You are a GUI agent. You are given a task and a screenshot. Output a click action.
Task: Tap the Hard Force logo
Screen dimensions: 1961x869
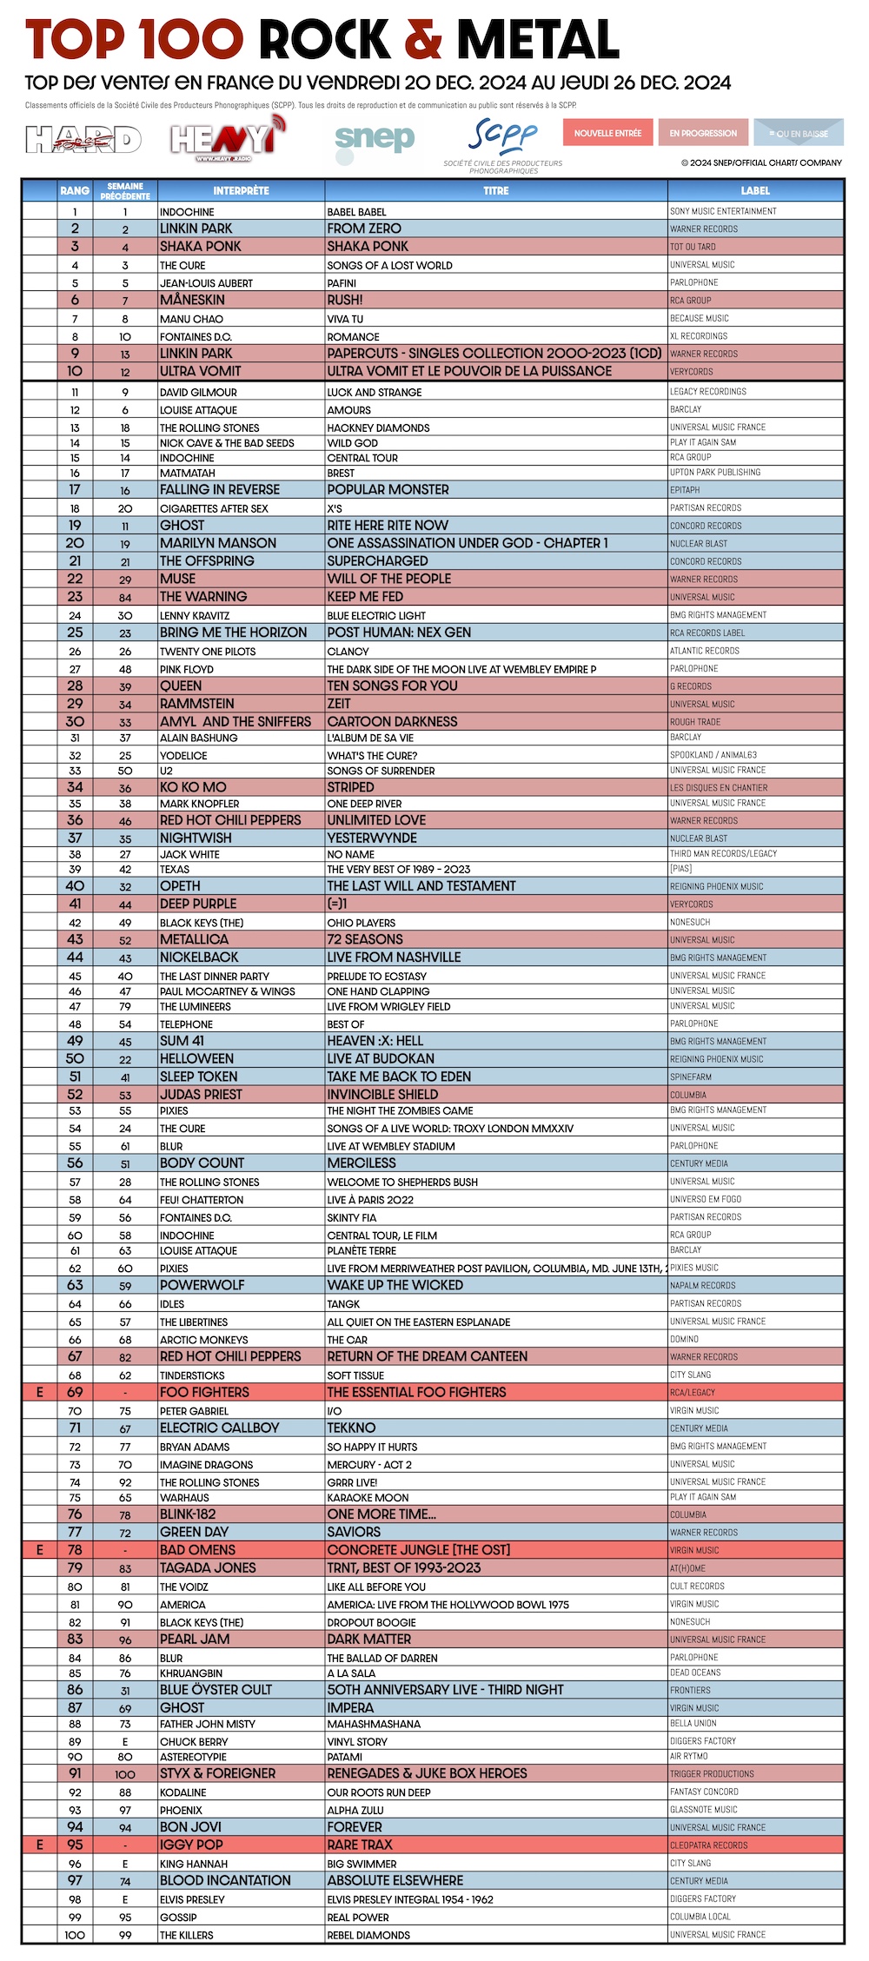coord(83,139)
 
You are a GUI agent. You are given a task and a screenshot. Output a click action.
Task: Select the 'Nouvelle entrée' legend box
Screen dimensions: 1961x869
coord(607,133)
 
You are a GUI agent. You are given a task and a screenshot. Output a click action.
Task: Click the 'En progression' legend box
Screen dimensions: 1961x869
coord(703,133)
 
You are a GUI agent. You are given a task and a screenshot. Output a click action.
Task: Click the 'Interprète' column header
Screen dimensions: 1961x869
coord(241,190)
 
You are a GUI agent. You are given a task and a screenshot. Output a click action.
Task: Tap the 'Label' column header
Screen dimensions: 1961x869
coord(755,190)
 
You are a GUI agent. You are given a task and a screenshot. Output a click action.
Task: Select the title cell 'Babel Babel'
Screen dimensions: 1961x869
coord(357,212)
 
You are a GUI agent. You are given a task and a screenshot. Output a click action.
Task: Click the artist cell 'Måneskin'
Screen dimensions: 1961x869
coord(192,300)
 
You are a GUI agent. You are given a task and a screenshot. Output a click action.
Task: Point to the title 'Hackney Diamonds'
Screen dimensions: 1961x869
coord(378,427)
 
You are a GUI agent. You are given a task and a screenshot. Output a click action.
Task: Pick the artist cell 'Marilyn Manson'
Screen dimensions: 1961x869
coord(218,543)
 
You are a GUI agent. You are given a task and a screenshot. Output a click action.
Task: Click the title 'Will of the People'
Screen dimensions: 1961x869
coord(389,579)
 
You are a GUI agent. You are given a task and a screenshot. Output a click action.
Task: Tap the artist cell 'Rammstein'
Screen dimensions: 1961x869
coord(197,704)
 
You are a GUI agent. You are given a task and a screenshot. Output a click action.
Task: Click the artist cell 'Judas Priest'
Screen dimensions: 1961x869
coord(201,1095)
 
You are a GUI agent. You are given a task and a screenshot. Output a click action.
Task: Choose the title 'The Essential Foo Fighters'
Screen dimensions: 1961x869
coord(416,1392)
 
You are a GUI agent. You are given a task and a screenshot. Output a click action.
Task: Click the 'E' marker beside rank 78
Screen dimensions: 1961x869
coord(39,1550)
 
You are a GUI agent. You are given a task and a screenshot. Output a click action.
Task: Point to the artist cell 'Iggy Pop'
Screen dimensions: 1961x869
coord(191,1845)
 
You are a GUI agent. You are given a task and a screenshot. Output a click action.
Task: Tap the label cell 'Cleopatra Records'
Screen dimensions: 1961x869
coord(709,1845)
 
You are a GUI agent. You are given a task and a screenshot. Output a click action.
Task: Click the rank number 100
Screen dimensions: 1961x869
coord(75,1935)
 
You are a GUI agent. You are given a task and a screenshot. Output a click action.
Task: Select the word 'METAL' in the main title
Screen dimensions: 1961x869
coord(538,40)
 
